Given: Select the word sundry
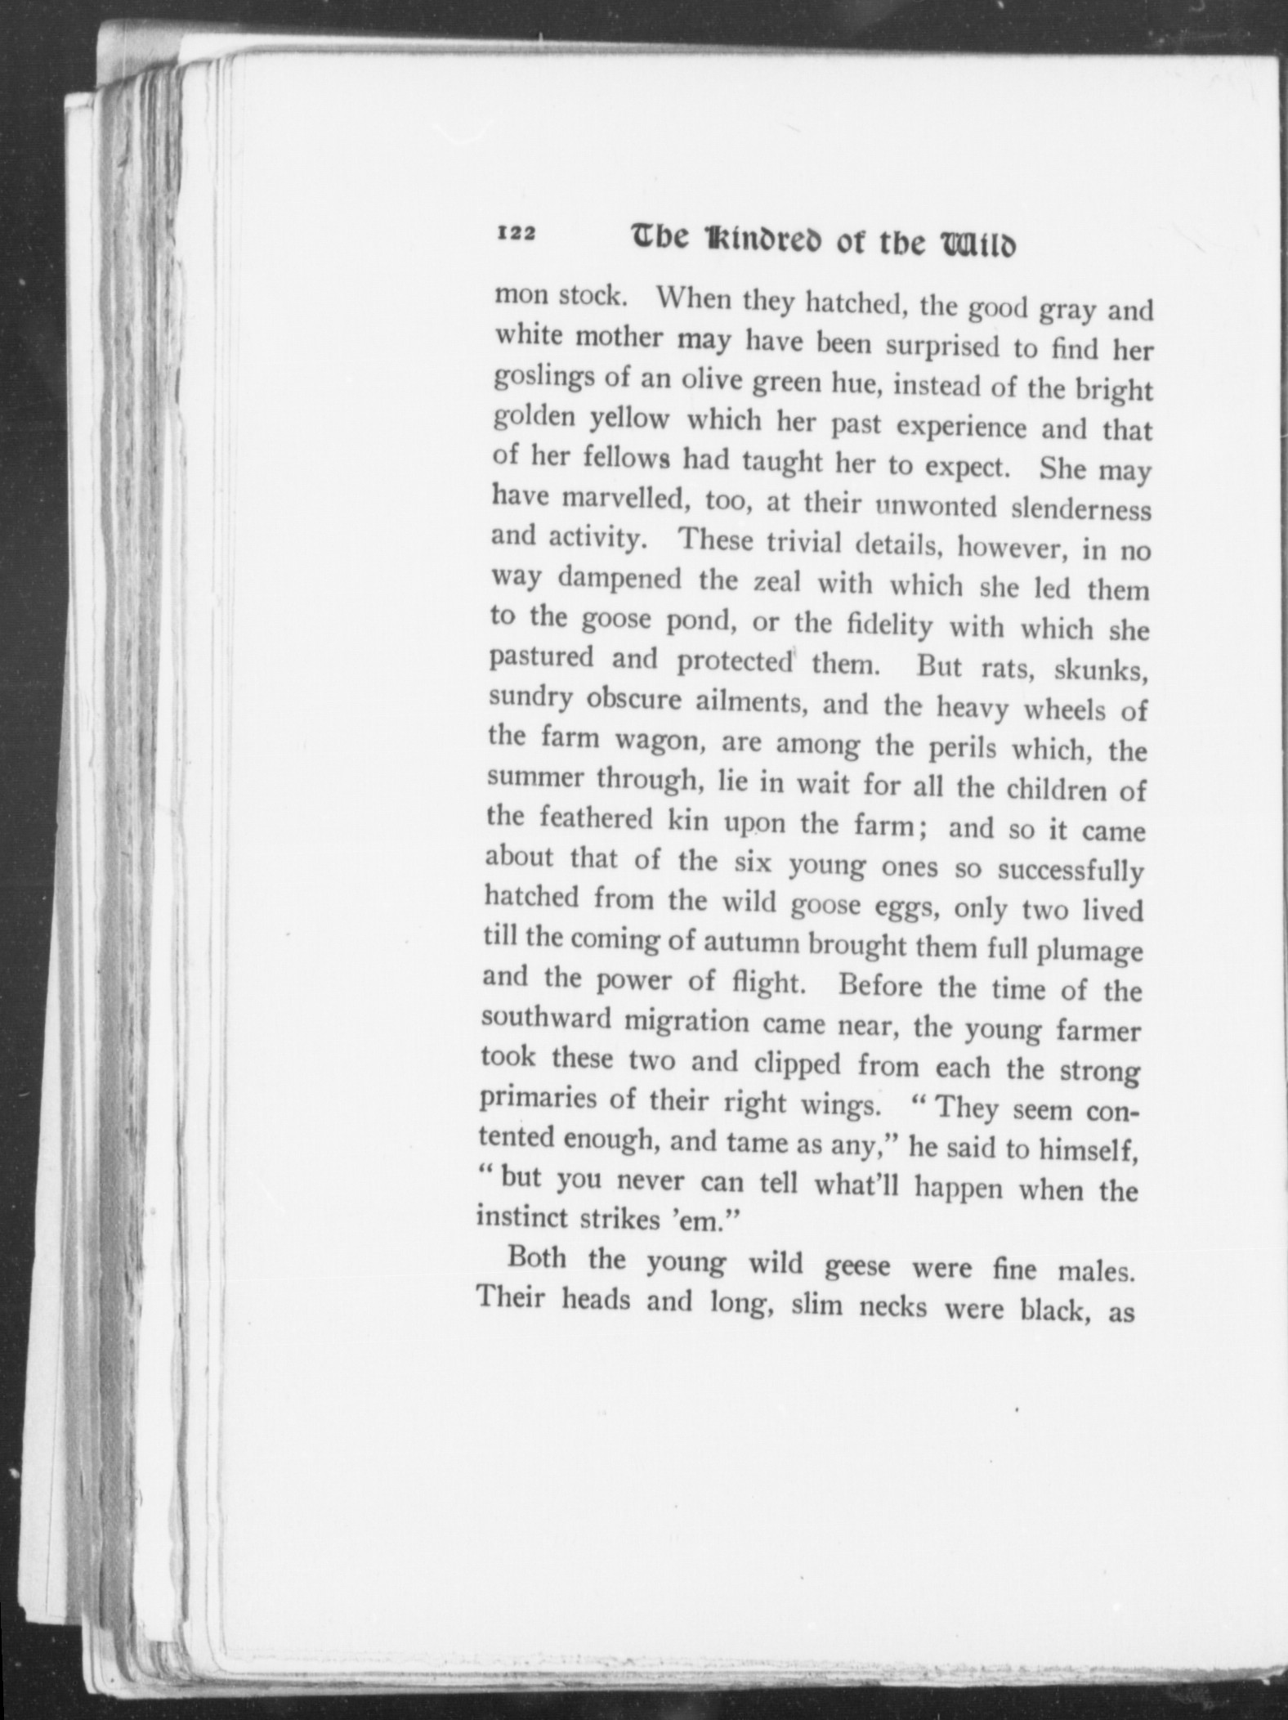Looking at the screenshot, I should coord(529,698).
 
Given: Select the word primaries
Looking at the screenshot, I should coord(535,1097).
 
